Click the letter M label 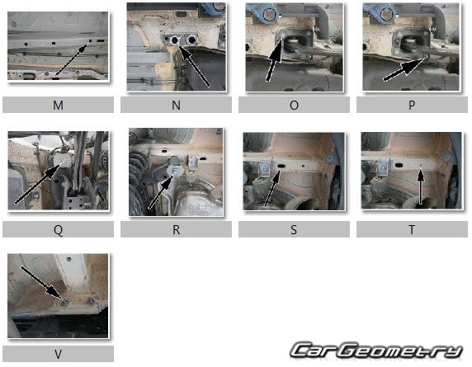[x=58, y=106]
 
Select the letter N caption [x=176, y=106]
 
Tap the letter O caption [x=294, y=106]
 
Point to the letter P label [x=412, y=106]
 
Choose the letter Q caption [x=58, y=230]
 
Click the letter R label [x=176, y=230]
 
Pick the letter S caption [x=294, y=230]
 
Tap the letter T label [x=412, y=230]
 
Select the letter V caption [x=58, y=355]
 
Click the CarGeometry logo [x=376, y=351]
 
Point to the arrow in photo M [x=71, y=60]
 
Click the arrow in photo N [x=194, y=66]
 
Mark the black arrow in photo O [x=275, y=58]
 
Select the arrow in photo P [x=404, y=68]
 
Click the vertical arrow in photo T [x=421, y=186]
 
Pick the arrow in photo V [x=42, y=284]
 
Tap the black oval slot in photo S [x=281, y=166]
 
